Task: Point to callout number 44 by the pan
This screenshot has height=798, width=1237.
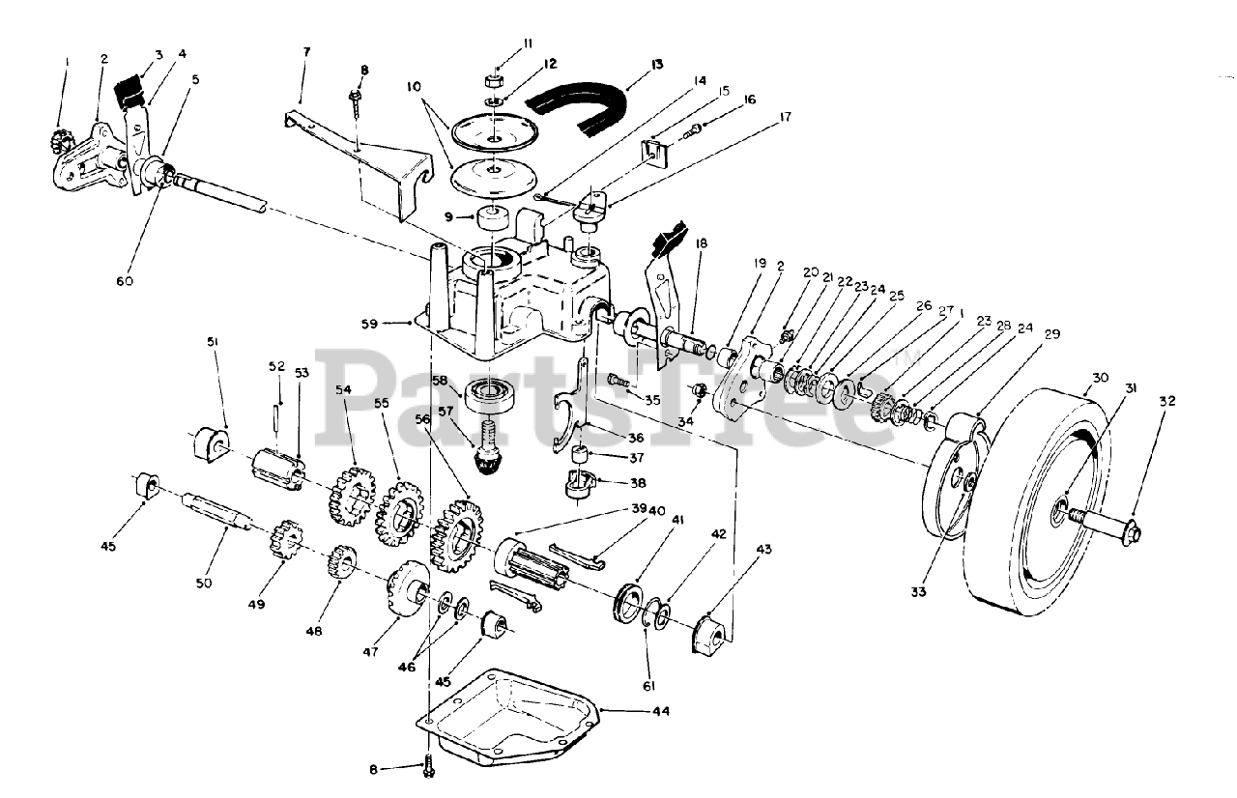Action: [x=660, y=711]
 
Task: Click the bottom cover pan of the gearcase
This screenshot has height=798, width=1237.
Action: [x=512, y=715]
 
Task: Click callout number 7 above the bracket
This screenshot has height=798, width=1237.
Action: [x=306, y=50]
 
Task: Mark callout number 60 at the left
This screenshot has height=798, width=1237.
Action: [x=125, y=281]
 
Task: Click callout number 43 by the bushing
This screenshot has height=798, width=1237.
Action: [x=764, y=550]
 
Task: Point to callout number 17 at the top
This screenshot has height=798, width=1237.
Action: [x=784, y=117]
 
